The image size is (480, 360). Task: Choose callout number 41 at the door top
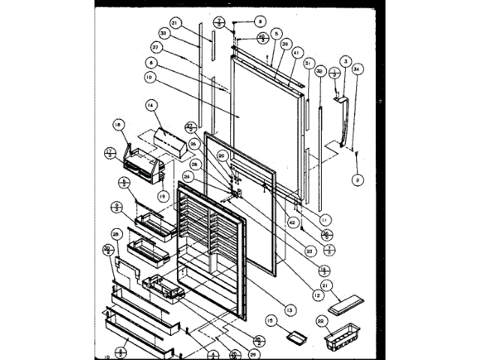tap(297, 53)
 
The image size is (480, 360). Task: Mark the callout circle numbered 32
tap(319, 72)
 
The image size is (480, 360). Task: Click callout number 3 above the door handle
tap(346, 60)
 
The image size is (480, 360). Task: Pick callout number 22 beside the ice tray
tap(323, 322)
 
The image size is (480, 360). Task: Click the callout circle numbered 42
tap(292, 223)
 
